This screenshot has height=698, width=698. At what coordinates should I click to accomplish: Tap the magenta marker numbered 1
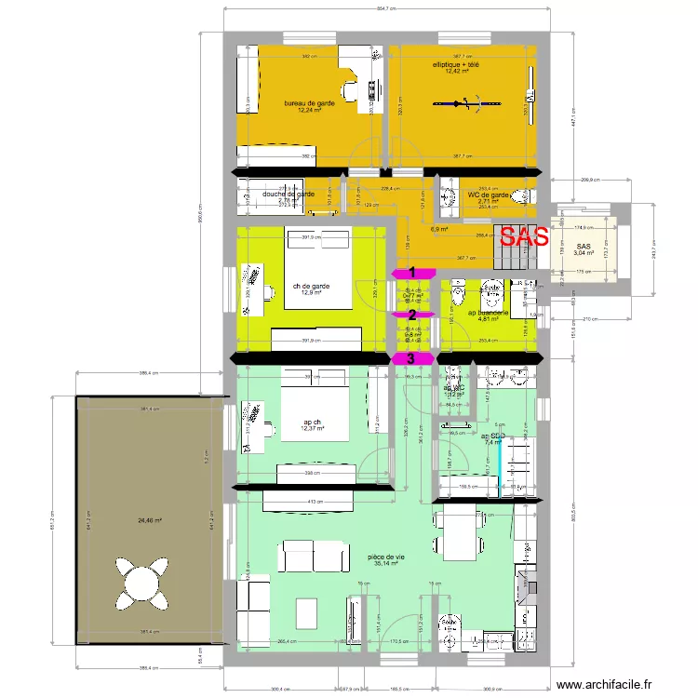pos(411,273)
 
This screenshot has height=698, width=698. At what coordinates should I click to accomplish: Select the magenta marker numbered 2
pos(411,315)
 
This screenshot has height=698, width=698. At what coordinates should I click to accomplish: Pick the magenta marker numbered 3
pos(411,358)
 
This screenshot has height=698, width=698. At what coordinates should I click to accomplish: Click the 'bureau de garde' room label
pos(309,103)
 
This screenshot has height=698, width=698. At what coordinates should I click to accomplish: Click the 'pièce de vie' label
pos(386,557)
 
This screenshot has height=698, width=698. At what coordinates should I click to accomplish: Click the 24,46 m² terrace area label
pos(149,521)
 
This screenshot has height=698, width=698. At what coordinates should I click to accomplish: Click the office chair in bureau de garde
pos(352,90)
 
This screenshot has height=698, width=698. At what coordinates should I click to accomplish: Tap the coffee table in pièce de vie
pos(307,612)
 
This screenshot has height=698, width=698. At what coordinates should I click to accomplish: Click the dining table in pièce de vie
pos(459,536)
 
